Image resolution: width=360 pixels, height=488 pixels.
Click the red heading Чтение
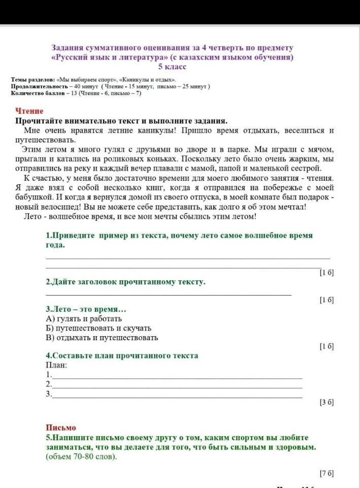[29, 111]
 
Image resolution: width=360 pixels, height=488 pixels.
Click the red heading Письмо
[61, 428]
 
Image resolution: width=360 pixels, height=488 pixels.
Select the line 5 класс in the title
[173, 67]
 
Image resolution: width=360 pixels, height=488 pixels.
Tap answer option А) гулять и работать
[84, 319]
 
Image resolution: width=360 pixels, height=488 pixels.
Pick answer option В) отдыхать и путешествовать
[102, 337]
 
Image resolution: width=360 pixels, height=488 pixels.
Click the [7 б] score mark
[326, 473]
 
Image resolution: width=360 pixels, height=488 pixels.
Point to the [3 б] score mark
[326, 402]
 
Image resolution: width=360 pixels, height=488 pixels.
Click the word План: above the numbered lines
[56, 365]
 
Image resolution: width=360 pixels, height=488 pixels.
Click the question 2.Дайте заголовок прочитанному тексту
[125, 282]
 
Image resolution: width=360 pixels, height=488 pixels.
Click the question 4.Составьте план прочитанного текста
[122, 355]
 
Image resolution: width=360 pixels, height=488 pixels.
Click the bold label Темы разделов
[34, 80]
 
